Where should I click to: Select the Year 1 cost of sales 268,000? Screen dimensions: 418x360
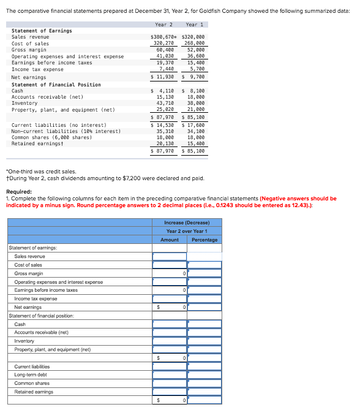click(195, 44)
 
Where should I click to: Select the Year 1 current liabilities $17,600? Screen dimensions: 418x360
click(195, 125)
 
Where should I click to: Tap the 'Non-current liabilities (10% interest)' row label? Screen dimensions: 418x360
click(66, 131)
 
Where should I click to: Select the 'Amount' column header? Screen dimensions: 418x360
click(170, 240)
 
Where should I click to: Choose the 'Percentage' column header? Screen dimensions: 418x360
click(204, 240)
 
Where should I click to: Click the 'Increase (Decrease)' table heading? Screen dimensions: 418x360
click(187, 222)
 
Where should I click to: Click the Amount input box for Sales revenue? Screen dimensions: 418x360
click(170, 256)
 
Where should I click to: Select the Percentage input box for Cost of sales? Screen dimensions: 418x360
click(204, 265)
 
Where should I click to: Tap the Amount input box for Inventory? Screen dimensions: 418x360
click(170, 341)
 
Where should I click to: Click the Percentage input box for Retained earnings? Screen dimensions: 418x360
click(204, 392)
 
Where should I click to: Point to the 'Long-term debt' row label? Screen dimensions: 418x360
click(31, 374)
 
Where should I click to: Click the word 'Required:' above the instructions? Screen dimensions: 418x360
click(18, 191)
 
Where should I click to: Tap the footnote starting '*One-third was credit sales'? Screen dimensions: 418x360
click(41, 172)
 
